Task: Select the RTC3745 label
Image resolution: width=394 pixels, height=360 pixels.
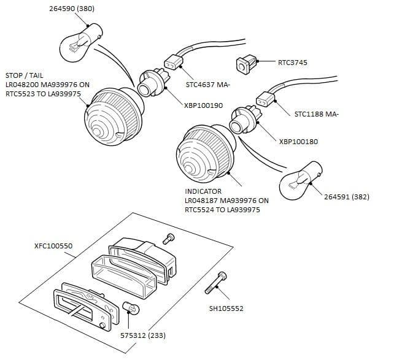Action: [x=293, y=62]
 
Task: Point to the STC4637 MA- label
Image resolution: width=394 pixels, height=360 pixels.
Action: [x=211, y=85]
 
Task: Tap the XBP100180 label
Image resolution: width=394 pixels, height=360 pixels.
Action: [x=299, y=142]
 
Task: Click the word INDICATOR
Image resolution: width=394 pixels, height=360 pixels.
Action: [x=203, y=191]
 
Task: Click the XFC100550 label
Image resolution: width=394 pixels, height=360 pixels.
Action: [x=53, y=246]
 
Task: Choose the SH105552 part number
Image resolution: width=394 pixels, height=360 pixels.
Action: [x=226, y=308]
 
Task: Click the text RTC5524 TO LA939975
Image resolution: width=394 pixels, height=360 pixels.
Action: [x=222, y=209]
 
